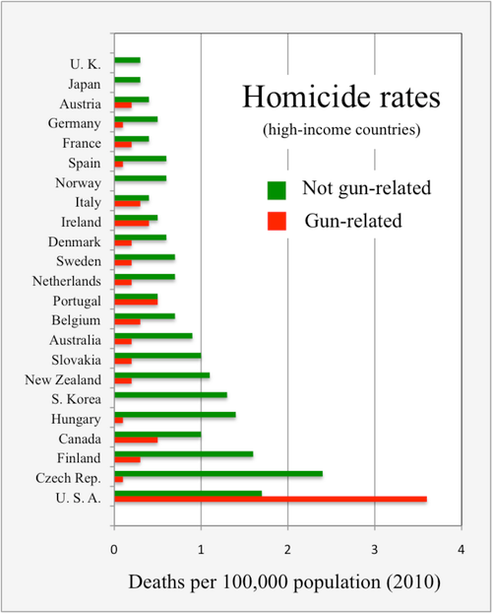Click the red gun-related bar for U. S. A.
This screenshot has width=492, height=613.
click(271, 499)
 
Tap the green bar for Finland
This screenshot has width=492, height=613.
click(184, 453)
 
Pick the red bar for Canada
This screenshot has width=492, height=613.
click(136, 439)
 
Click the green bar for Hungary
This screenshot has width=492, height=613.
click(175, 415)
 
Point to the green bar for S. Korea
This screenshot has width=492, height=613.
click(170, 395)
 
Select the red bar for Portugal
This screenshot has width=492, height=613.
click(136, 302)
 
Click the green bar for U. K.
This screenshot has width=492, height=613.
click(127, 60)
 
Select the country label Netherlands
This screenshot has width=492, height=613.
click(66, 281)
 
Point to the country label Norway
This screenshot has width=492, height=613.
click(80, 182)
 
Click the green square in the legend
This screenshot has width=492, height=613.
click(277, 188)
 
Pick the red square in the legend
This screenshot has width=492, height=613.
click(277, 221)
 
